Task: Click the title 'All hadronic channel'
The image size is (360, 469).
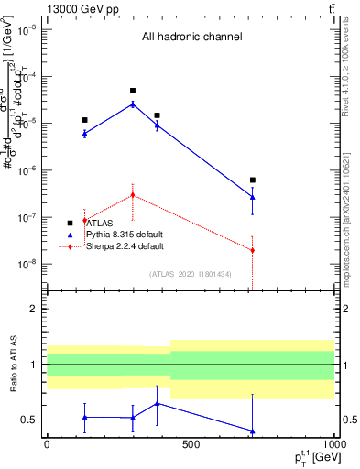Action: click(x=191, y=38)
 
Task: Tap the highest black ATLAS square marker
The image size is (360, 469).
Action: click(x=133, y=91)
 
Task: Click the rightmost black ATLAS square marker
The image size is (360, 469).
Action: click(x=253, y=180)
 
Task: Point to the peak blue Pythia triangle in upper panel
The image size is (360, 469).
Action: click(x=133, y=104)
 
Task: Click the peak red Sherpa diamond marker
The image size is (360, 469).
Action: click(x=133, y=194)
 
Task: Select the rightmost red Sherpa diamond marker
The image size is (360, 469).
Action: click(x=253, y=250)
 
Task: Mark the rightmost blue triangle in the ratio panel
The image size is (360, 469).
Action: click(x=253, y=431)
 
